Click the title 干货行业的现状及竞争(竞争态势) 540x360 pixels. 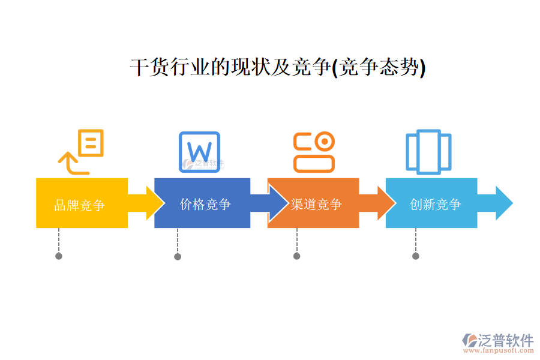point(277,68)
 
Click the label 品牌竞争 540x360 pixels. point(79,206)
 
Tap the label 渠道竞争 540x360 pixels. point(316,204)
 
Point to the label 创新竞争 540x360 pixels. point(435,204)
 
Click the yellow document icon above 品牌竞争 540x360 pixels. point(82,151)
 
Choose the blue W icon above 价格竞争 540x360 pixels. point(200,151)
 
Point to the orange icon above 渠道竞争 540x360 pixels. point(314,152)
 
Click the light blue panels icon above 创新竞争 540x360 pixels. point(428,151)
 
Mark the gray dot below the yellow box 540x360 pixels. point(59,256)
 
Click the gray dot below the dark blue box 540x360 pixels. point(178,256)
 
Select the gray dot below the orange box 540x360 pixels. point(296,256)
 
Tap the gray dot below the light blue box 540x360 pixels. point(415,256)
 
